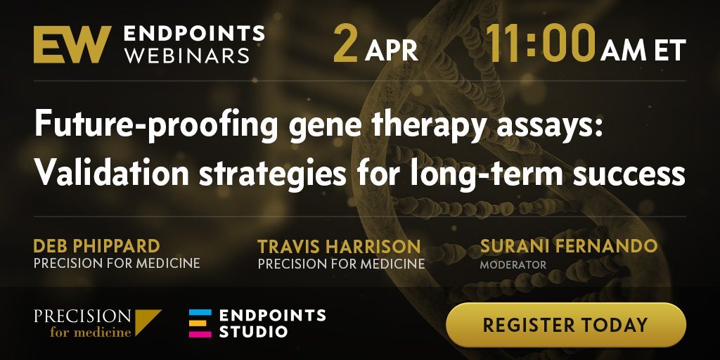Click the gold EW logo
pos(72,44)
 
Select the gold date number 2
pos(345,44)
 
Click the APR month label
pos(392,50)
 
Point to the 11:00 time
pos(541,44)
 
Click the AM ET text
pos(643,50)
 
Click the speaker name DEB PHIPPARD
pos(96,247)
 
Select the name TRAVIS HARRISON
pos(339,247)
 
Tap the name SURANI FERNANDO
pos(569,246)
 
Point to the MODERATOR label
pos(513,265)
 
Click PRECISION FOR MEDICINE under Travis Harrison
pos(341,264)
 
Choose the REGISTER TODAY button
pos(566,325)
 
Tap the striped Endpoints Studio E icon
pos(200,323)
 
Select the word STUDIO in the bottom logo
pos(253,332)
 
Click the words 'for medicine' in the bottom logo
pos(91,332)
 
